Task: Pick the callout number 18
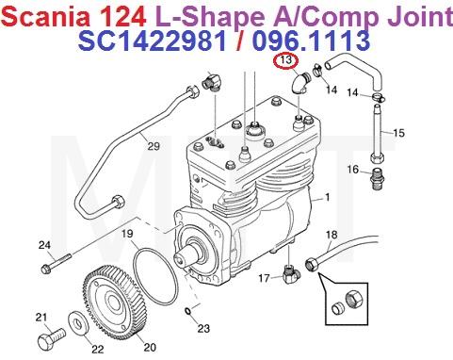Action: click(x=331, y=234)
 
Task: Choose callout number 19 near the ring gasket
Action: click(x=124, y=233)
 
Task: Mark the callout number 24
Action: click(x=43, y=246)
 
